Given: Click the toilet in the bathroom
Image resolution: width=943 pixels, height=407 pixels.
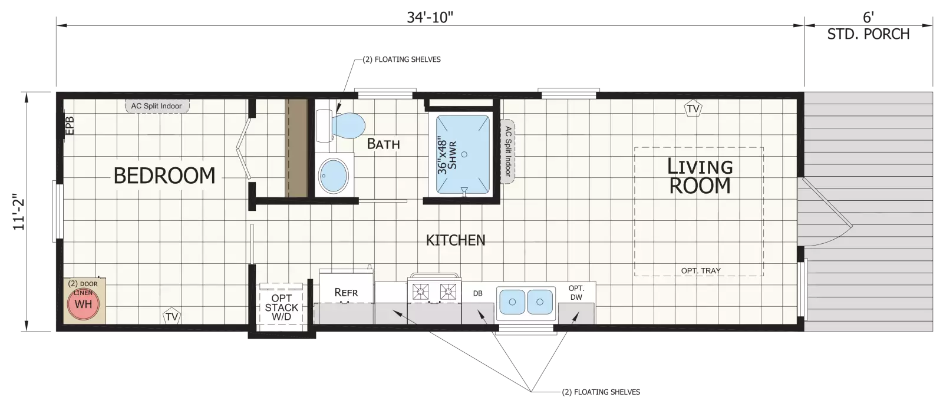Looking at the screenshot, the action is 340,126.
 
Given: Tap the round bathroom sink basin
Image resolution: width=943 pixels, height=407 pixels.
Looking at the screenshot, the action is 334,176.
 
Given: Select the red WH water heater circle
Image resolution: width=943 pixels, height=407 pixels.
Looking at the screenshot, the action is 83,304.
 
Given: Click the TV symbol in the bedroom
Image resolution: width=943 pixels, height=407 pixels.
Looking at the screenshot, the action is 172,316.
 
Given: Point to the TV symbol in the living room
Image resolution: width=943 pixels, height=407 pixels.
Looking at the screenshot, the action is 693,108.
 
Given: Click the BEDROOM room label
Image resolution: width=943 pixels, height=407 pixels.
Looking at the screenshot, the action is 164,176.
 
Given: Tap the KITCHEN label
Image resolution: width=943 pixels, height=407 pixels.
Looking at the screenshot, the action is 456,240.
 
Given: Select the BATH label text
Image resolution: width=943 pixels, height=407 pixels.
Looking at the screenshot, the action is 383,144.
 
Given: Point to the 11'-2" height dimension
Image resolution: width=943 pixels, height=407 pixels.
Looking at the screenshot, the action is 19,211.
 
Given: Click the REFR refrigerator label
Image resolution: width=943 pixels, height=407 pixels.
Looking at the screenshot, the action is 346,292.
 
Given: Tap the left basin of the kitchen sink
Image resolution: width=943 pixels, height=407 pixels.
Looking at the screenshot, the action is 512,302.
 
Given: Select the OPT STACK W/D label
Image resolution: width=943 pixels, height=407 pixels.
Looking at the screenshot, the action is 282,307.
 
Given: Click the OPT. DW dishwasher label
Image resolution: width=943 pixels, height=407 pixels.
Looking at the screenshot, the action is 576,293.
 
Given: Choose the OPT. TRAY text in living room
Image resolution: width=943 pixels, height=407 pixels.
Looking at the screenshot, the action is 701,270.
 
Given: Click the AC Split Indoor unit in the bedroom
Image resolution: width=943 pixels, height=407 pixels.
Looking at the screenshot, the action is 157,106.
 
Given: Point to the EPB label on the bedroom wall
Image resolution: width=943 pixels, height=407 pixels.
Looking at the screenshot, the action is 70,125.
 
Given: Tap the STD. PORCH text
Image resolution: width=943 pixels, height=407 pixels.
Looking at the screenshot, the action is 869,34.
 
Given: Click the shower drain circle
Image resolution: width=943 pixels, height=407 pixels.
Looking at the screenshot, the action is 464,154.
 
